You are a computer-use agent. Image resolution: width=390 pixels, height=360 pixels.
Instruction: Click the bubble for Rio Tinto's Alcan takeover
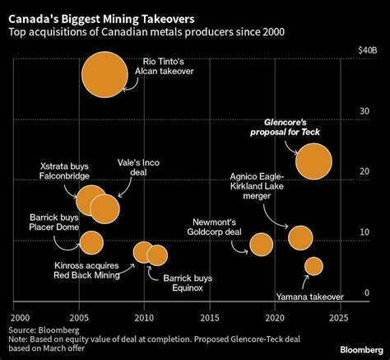point(104,74)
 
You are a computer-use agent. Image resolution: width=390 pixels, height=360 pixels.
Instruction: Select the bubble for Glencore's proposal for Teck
point(313,161)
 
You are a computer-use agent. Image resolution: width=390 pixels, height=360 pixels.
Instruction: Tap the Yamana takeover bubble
point(313,265)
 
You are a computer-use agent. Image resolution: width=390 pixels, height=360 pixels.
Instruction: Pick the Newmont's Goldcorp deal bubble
point(261,244)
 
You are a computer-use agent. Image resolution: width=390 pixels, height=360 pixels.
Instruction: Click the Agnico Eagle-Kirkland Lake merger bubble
point(301,237)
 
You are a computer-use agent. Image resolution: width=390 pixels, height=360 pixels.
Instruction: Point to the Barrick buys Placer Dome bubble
point(91,243)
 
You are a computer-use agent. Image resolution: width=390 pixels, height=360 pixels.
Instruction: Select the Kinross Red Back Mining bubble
point(143,252)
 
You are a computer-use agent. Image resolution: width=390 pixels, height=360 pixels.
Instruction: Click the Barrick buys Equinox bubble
point(157,255)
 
